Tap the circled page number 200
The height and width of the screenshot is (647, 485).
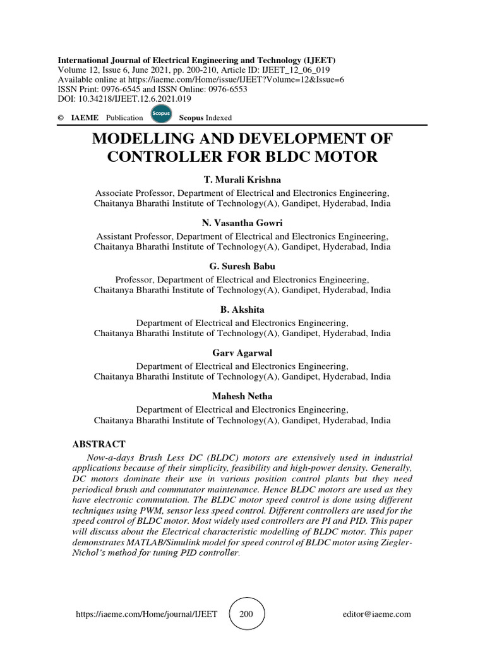pos(246,614)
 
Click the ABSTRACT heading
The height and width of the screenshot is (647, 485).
pos(99,444)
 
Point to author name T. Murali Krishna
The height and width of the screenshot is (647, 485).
pos(242,180)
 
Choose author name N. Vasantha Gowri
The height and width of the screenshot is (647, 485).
pos(242,223)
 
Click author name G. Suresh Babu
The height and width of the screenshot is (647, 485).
pos(242,266)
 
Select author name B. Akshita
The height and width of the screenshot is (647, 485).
pos(242,309)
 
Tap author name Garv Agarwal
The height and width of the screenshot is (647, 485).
pos(242,353)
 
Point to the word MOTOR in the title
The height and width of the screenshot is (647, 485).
pos(346,156)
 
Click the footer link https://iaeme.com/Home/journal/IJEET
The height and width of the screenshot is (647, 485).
pos(147,614)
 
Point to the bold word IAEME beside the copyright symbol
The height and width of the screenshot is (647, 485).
pos(85,118)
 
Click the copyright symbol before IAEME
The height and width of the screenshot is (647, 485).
pos(61,118)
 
